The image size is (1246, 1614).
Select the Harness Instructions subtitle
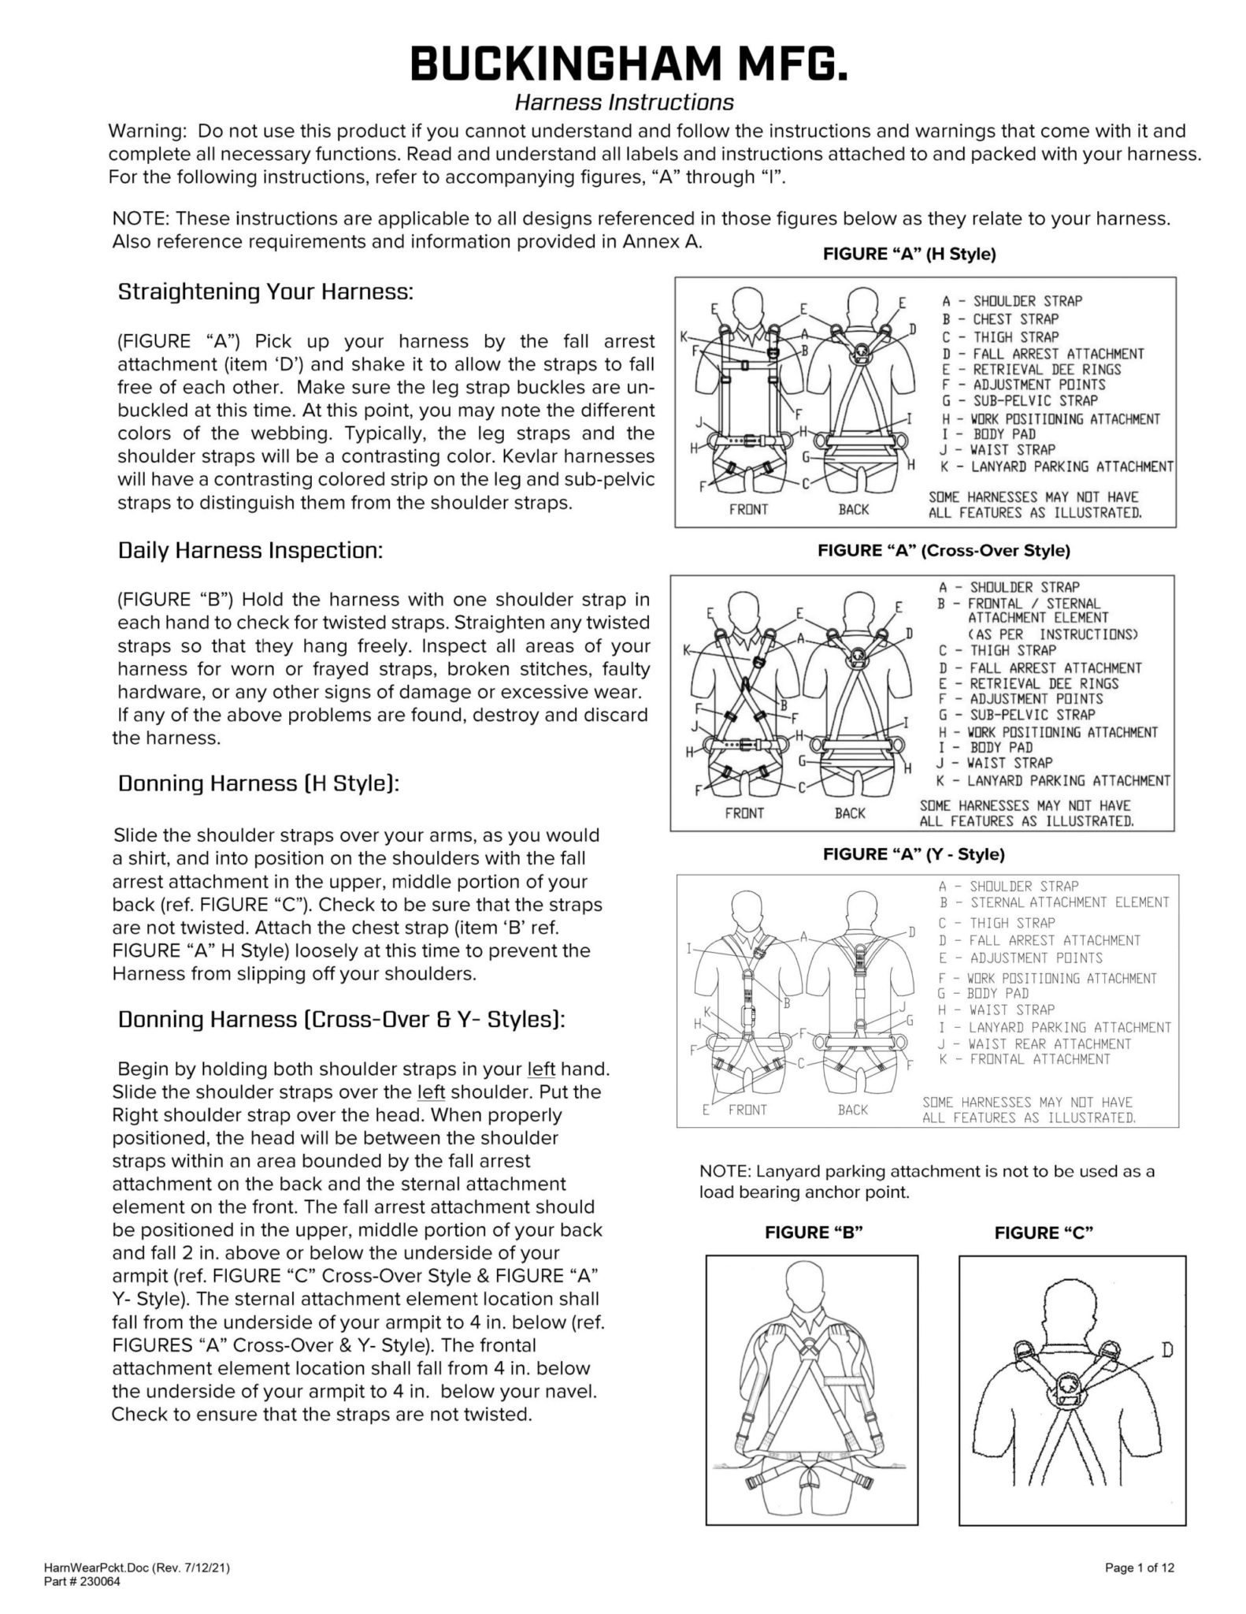tap(624, 102)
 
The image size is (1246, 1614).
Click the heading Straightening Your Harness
tap(265, 292)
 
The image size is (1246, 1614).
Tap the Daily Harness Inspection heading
tap(250, 550)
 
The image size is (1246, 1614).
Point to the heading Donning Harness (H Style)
tap(259, 784)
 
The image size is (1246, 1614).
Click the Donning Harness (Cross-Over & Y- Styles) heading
tap(341, 1019)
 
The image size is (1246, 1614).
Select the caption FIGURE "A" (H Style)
tap(909, 255)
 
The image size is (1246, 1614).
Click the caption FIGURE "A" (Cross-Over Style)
tap(944, 551)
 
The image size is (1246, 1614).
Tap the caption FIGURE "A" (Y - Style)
tap(914, 854)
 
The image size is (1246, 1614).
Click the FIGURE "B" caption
tap(814, 1233)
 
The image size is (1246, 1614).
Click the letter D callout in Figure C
tap(1167, 1351)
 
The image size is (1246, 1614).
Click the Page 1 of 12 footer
tap(1140, 1568)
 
